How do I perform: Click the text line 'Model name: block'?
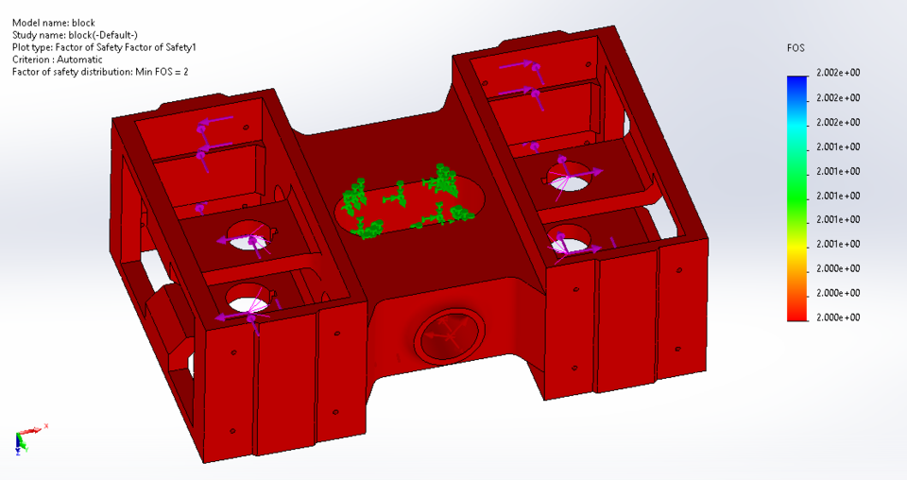(x=53, y=23)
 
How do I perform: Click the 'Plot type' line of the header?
(x=104, y=47)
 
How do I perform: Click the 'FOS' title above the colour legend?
(x=796, y=47)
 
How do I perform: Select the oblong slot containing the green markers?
(x=410, y=204)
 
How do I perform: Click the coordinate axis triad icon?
(x=24, y=437)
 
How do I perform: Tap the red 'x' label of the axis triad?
(x=45, y=426)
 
